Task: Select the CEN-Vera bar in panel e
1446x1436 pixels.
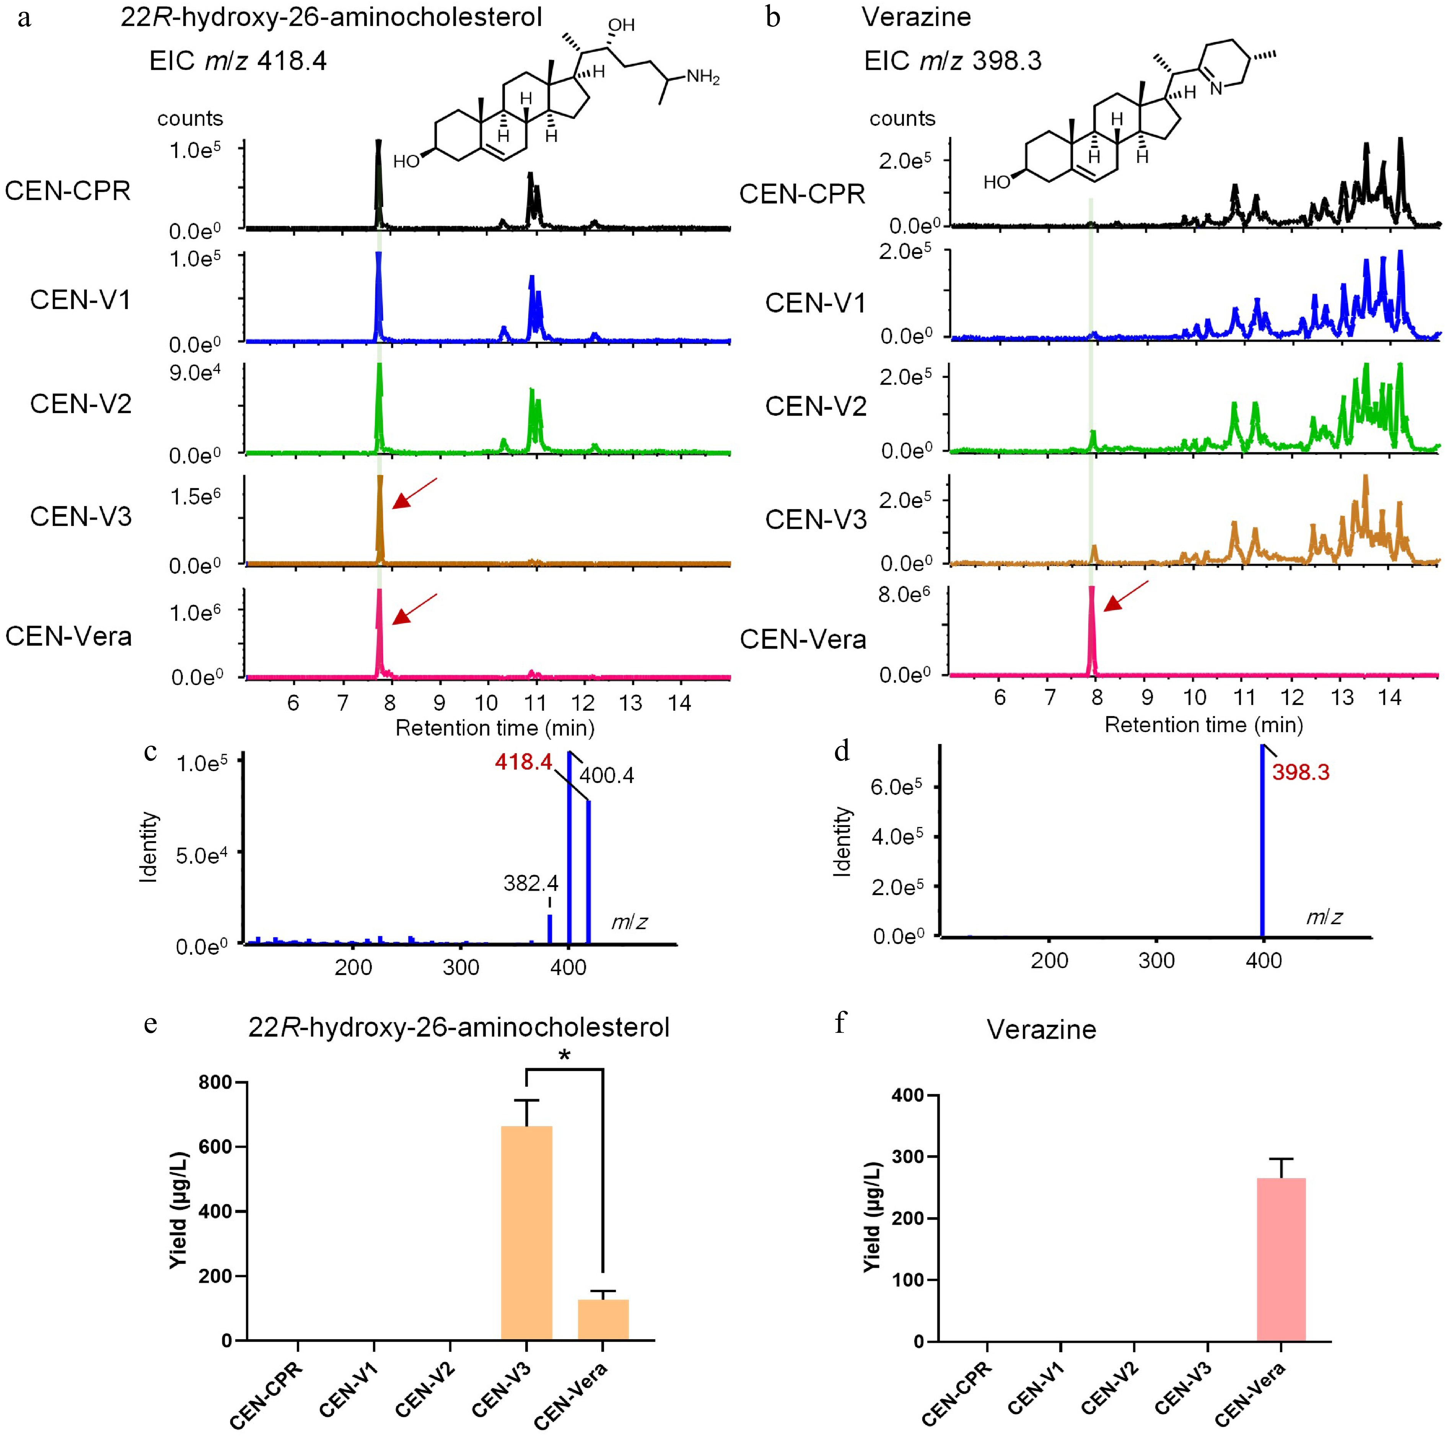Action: [x=603, y=1319]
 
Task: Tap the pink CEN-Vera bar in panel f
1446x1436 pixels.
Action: [x=1282, y=1259]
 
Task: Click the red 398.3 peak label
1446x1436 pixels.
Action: [x=1301, y=772]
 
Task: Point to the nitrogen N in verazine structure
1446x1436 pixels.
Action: [x=1215, y=89]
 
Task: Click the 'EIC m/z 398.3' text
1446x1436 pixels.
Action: [x=953, y=60]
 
